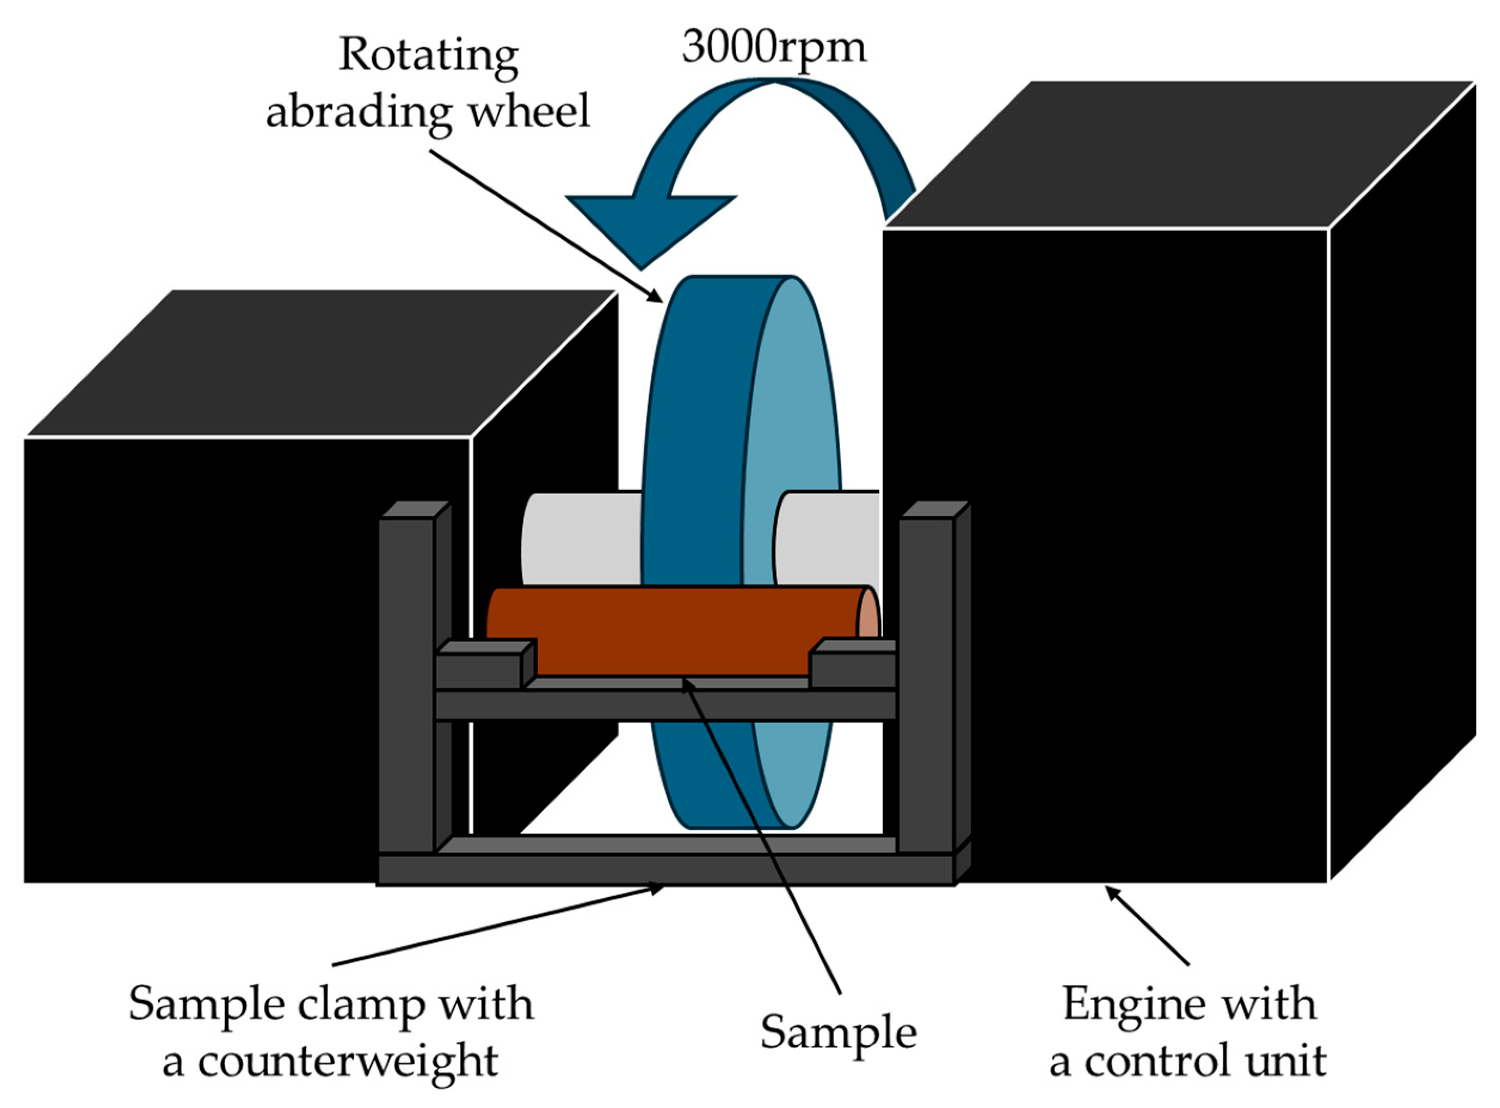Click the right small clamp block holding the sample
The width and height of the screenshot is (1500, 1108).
[852, 670]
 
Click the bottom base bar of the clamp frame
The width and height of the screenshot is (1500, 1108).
[664, 869]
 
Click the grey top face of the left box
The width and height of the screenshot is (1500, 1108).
[322, 362]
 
